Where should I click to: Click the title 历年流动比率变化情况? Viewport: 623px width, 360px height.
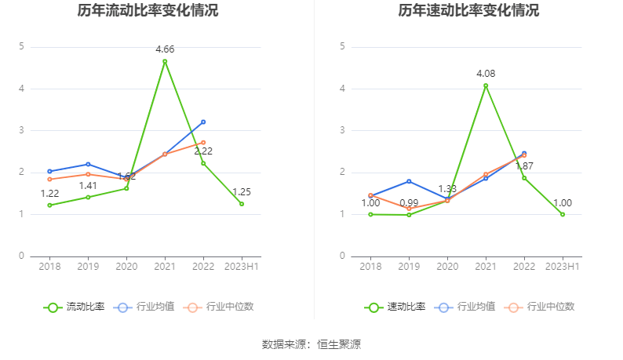[148, 11]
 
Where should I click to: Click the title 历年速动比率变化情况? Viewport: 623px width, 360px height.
[468, 11]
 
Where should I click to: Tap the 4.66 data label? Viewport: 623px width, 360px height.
[165, 49]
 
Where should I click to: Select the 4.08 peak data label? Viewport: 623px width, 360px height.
[486, 74]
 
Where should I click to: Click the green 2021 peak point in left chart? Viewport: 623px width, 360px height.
[165, 61]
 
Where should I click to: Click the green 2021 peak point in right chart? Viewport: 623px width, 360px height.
[486, 85]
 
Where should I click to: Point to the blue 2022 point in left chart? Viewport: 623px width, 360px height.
[203, 122]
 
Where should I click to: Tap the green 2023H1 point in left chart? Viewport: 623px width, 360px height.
[242, 204]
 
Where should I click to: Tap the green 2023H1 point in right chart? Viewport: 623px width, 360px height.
[563, 214]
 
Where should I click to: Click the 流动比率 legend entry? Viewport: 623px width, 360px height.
[75, 307]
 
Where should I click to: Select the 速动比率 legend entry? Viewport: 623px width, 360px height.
[395, 307]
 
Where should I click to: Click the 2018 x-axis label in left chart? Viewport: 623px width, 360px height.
[49, 267]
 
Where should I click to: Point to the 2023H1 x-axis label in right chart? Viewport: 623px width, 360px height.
[563, 267]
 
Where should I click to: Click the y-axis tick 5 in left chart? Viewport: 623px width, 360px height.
[22, 46]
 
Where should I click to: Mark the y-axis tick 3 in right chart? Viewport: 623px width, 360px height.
[343, 130]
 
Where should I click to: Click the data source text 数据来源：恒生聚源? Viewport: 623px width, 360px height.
[311, 344]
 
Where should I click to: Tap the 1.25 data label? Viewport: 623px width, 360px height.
[242, 191]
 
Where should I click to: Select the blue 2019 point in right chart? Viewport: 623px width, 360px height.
[409, 181]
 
